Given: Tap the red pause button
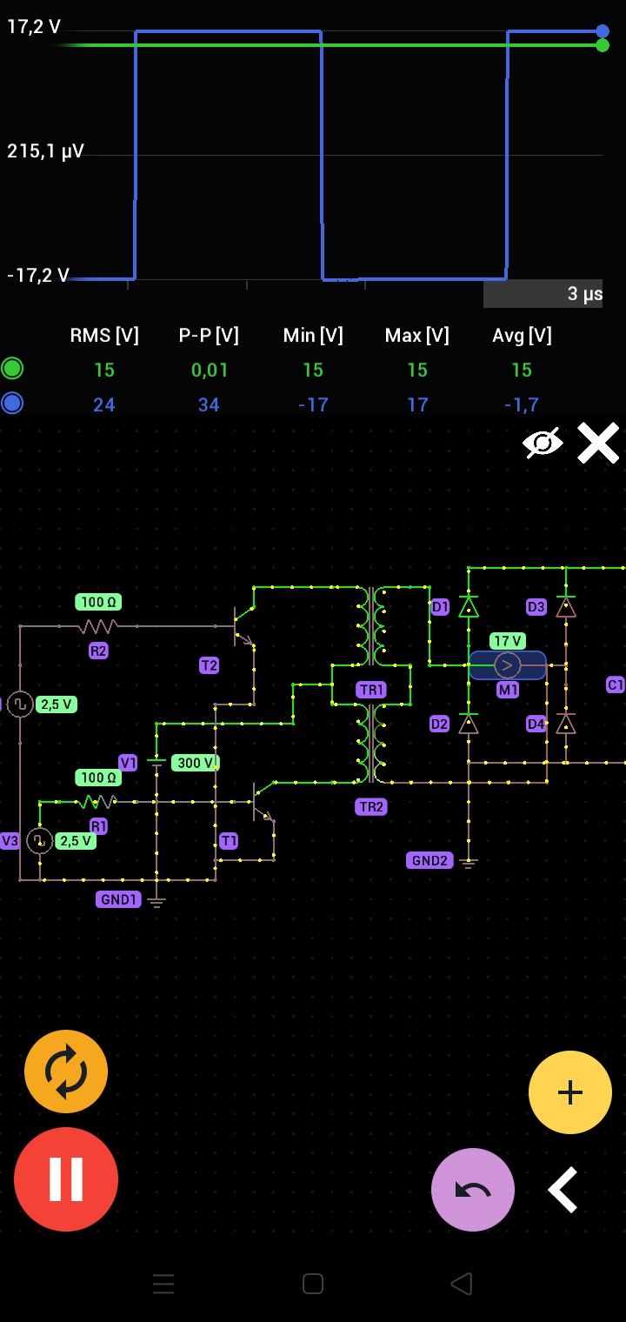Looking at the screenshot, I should (66, 1179).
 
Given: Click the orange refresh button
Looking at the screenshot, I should (66, 1072).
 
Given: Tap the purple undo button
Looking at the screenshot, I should (473, 1190).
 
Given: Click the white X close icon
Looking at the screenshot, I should (598, 443).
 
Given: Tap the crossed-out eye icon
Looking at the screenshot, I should (543, 443).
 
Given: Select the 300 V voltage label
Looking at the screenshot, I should (195, 763).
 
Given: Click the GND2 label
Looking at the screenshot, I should (430, 860).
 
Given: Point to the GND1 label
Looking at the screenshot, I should (118, 899).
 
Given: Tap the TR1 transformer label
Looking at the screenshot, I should (371, 690).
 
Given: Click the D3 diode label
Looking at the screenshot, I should (536, 607).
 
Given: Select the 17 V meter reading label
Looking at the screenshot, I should (508, 641).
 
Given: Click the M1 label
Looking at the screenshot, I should (508, 690).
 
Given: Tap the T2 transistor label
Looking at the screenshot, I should (209, 665).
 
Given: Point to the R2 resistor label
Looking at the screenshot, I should (98, 651).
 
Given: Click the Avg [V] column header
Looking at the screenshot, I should (522, 336).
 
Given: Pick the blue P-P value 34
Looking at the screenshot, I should (209, 404).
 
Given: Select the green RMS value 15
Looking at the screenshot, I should (104, 371).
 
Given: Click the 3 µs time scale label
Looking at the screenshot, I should (584, 294).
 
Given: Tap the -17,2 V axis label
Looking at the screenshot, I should (38, 276).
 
